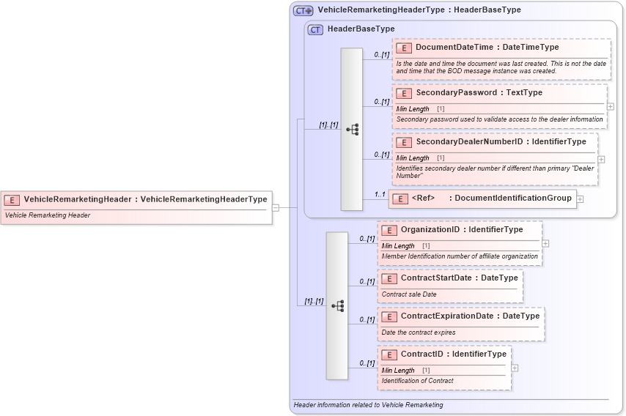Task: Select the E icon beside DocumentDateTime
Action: click(403, 48)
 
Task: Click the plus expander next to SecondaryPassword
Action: click(611, 106)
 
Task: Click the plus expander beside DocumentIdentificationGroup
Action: click(580, 198)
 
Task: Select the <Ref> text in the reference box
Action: click(423, 198)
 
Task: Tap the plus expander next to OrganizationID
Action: click(545, 243)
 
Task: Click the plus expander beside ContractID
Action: click(515, 368)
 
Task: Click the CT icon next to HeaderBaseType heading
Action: click(315, 29)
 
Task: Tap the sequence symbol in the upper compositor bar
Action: click(352, 129)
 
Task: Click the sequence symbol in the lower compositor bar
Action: click(337, 306)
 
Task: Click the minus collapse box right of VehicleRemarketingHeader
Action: click(276, 207)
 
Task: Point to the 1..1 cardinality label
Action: click(380, 194)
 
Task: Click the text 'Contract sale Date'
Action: click(408, 294)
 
